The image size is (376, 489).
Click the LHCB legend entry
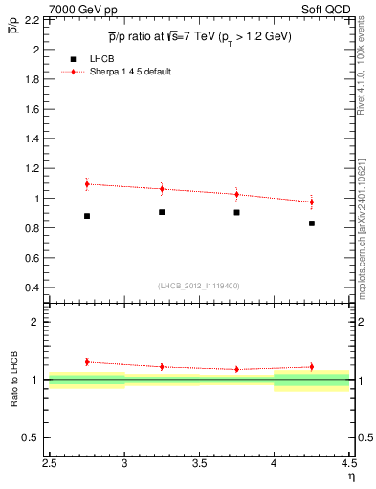98,59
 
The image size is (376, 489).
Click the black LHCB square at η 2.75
87,216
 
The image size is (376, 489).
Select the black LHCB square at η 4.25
312,223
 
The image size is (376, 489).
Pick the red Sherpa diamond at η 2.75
87,184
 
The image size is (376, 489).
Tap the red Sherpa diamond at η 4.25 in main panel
312,202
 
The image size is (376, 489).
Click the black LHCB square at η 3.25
162,212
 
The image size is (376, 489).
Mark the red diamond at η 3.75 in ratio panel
237,369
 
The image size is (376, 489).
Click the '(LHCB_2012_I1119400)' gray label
199,286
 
